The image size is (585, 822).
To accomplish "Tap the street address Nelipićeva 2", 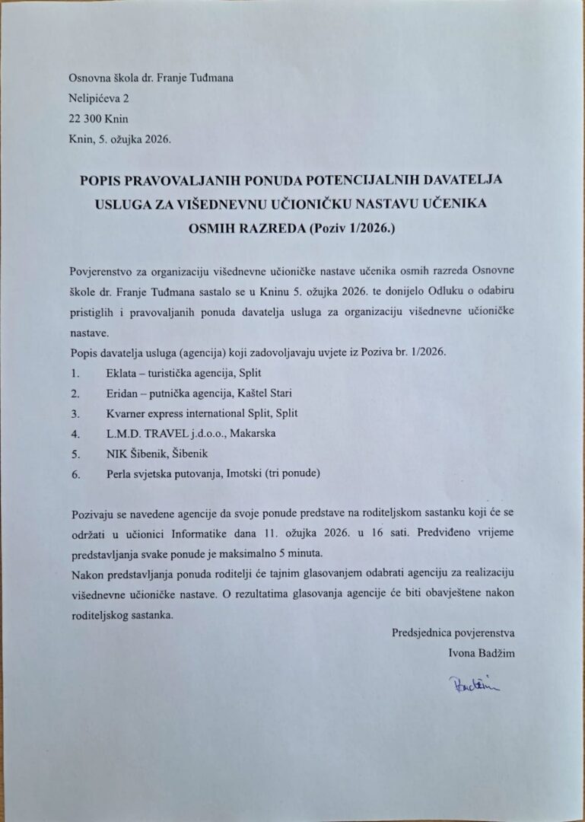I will coord(94,98).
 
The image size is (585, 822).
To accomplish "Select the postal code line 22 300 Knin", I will coord(99,119).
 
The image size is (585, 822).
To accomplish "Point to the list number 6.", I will coord(74,473).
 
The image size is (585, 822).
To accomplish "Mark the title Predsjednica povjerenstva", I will coord(453,632).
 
